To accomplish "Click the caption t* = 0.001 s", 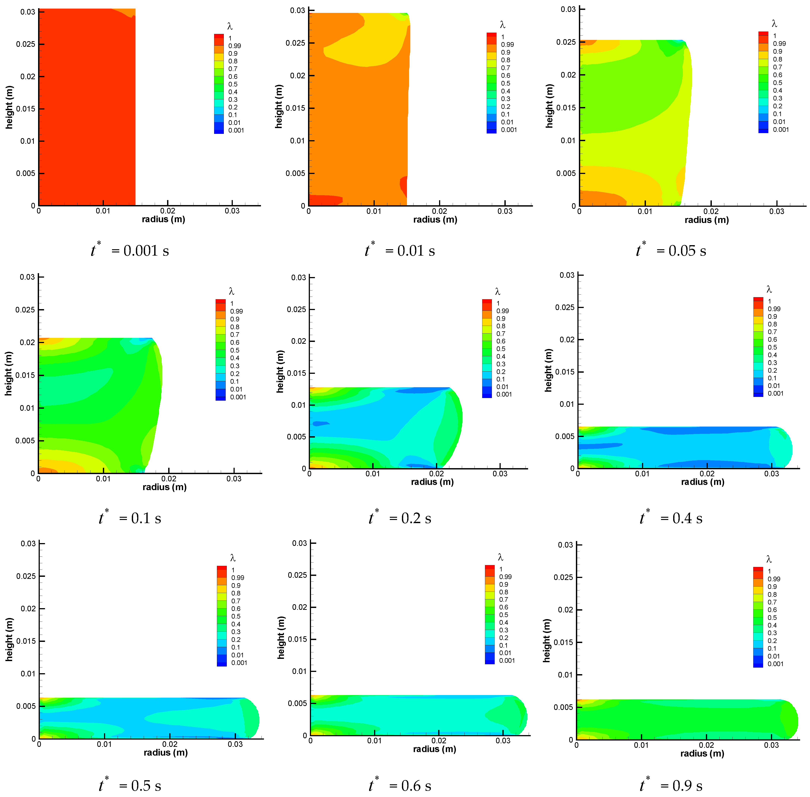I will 130,250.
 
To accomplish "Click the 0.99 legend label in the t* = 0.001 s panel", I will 235,46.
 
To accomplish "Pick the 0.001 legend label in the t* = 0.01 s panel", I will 509,130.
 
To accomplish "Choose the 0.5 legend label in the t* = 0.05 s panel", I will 777,82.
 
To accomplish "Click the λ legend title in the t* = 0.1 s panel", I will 231,291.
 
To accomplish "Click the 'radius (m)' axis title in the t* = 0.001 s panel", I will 163,219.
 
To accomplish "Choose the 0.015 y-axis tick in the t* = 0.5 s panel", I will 26,641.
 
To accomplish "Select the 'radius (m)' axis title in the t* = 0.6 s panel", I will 435,749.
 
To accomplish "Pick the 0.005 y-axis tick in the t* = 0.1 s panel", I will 25,440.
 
